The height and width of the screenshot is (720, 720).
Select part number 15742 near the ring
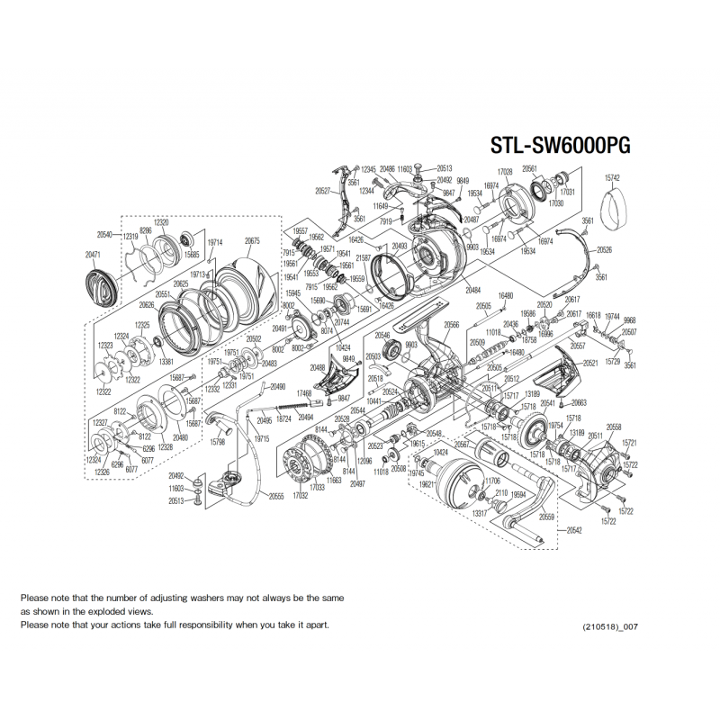[x=613, y=180]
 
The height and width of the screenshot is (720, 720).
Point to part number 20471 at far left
[x=95, y=256]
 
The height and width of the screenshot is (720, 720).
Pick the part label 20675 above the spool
[x=252, y=241]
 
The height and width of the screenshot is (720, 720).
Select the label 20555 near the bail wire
[x=276, y=496]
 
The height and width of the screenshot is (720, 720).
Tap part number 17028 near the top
[x=505, y=172]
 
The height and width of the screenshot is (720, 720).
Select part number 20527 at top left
[x=324, y=192]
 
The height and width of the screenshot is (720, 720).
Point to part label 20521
[x=590, y=363]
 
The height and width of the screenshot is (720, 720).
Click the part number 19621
[x=427, y=483]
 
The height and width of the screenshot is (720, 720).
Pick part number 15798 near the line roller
[x=217, y=442]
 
